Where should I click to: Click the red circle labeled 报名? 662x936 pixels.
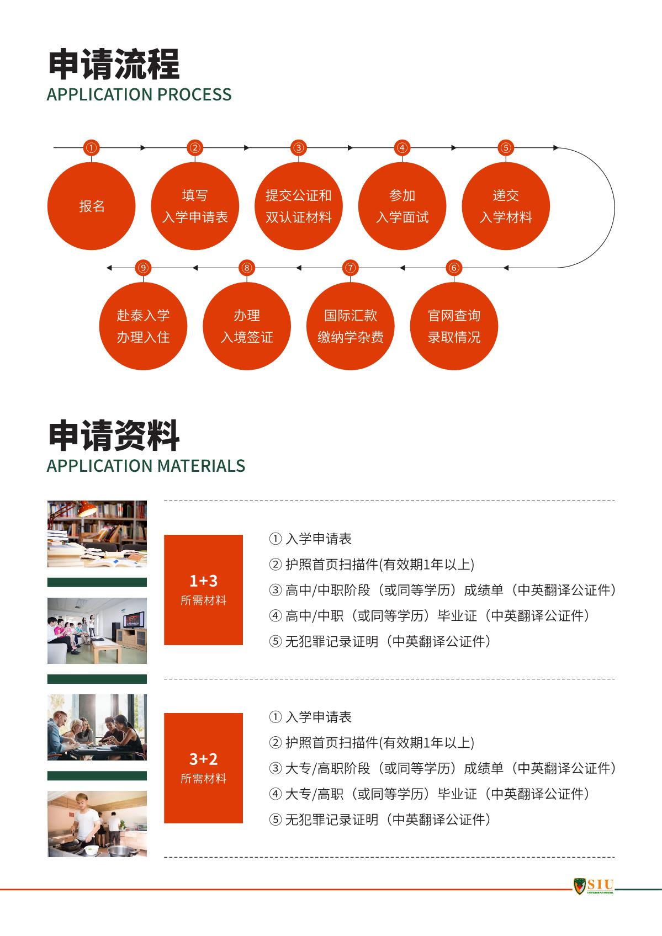click(x=92, y=206)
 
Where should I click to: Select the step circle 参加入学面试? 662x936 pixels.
click(x=402, y=206)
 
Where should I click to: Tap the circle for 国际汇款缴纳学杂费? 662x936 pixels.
click(x=350, y=326)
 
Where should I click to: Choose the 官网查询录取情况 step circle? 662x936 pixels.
click(x=454, y=326)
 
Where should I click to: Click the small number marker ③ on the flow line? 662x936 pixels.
click(x=298, y=147)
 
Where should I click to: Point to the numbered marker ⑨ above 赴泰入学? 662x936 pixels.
click(x=143, y=268)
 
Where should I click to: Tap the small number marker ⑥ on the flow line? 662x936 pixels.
click(x=454, y=268)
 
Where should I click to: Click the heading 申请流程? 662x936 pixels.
click(x=114, y=64)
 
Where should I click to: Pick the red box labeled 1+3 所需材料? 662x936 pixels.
click(x=204, y=589)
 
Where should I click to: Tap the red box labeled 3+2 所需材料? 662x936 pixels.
click(x=204, y=768)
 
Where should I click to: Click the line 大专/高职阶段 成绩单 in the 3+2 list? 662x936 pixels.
click(x=442, y=768)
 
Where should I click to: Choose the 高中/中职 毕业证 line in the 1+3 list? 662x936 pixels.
click(x=429, y=615)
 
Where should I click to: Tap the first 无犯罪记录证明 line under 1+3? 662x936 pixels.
click(x=379, y=641)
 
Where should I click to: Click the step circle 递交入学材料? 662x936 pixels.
click(x=506, y=206)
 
